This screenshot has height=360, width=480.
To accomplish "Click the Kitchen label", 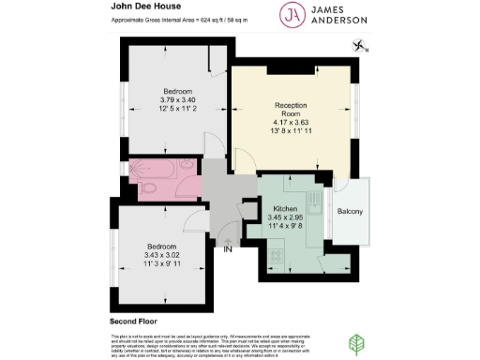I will [x=284, y=208].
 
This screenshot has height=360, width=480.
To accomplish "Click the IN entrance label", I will [x=226, y=248].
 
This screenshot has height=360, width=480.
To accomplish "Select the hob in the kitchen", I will [x=278, y=254].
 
